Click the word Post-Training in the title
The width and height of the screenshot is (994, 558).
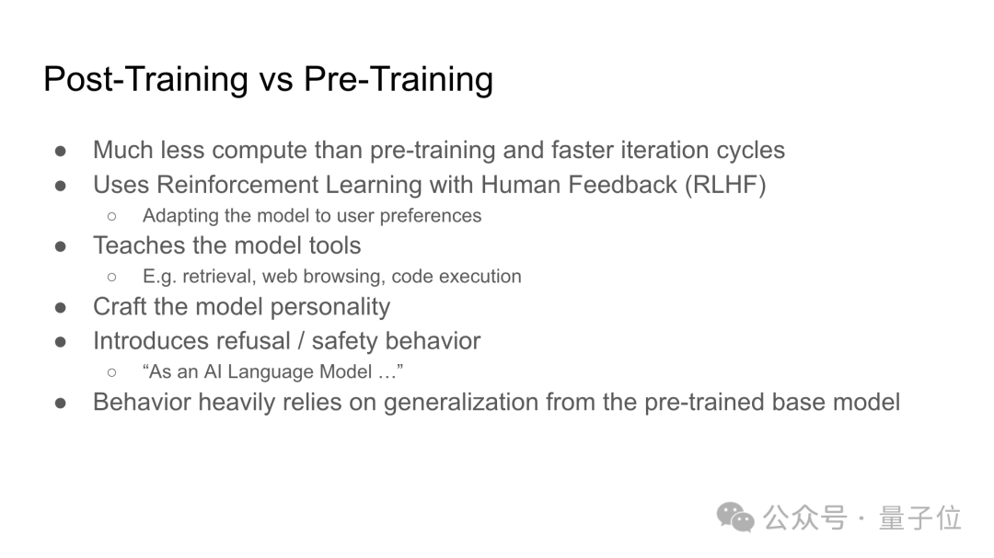tap(145, 80)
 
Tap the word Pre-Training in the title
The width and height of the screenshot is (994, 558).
tap(399, 80)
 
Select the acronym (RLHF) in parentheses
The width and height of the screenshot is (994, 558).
tap(725, 185)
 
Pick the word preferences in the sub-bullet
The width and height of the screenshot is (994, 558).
tap(431, 216)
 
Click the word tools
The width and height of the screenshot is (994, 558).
tap(335, 245)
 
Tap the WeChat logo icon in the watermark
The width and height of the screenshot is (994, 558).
tap(735, 517)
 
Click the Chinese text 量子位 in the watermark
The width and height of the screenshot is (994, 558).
tap(919, 518)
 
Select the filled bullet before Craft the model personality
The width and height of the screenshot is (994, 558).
tap(61, 308)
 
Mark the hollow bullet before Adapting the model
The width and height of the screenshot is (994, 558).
tap(112, 217)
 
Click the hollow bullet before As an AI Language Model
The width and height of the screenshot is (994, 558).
tap(112, 372)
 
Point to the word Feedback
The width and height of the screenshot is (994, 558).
tap(622, 184)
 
